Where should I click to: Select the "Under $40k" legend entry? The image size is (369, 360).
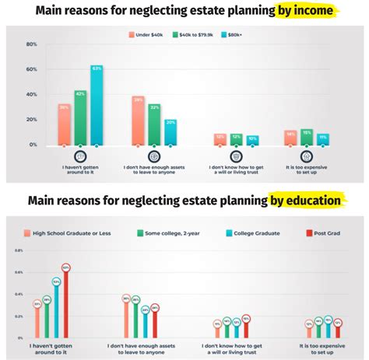(146, 34)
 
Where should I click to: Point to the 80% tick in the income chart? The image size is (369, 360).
(32, 44)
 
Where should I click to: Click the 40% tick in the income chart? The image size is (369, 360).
(32, 95)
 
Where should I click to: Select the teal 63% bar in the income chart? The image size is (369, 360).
(97, 106)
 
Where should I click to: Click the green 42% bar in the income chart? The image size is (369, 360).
(79, 118)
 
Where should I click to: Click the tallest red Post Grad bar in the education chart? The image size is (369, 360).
(66, 303)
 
